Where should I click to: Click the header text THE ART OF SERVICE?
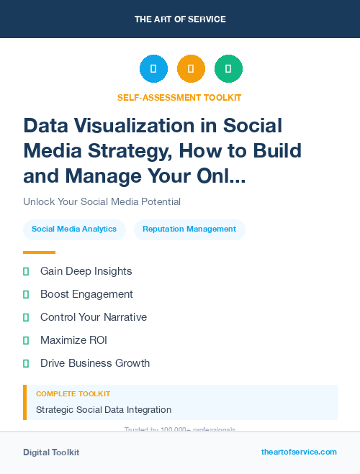[x=180, y=19]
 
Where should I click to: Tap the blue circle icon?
[x=153, y=69]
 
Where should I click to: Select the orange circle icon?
[x=191, y=69]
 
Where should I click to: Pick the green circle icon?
[x=228, y=69]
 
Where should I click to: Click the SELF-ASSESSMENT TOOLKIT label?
[x=179, y=97]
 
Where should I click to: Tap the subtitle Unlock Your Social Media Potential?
[x=102, y=201]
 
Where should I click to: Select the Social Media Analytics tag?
[x=74, y=229]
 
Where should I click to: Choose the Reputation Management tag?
[x=189, y=229]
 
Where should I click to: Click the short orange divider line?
[x=39, y=252]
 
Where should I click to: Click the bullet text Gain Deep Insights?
[x=86, y=271]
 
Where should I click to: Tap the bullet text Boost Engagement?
[x=86, y=294]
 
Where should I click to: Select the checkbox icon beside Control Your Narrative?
[x=26, y=317]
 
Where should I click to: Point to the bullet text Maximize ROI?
[x=73, y=340]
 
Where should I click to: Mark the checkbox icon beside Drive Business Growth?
[x=26, y=363]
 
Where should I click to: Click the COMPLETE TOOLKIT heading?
[x=73, y=394]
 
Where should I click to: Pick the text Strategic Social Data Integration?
[x=104, y=410]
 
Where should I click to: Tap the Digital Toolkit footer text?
[x=51, y=452]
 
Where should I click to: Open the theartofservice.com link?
[x=299, y=452]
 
